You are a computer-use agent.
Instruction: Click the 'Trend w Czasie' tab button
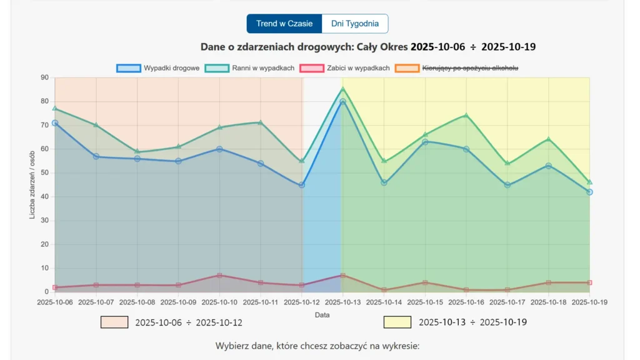pos(284,24)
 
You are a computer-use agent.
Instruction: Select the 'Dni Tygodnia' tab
pos(354,24)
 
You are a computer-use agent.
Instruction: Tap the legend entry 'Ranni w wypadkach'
pos(249,68)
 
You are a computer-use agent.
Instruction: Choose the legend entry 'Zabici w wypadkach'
pos(345,68)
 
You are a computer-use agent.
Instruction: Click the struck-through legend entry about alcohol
pos(457,68)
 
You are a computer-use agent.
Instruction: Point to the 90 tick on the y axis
pos(44,77)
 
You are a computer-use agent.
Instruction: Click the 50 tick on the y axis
pos(44,173)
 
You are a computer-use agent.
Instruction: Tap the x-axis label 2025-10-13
pos(342,302)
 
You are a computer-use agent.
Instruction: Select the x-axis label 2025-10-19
pos(589,302)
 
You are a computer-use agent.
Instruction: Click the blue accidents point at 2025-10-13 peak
pos(342,101)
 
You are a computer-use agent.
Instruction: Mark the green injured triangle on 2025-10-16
pos(466,115)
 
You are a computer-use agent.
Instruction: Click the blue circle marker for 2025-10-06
pos(55,123)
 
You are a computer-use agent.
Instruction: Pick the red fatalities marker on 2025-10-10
pos(219,275)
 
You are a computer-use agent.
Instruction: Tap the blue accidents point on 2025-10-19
pos(589,192)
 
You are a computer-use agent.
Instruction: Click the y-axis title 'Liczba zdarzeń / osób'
pos(32,185)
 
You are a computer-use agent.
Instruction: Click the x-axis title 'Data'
pos(322,315)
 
